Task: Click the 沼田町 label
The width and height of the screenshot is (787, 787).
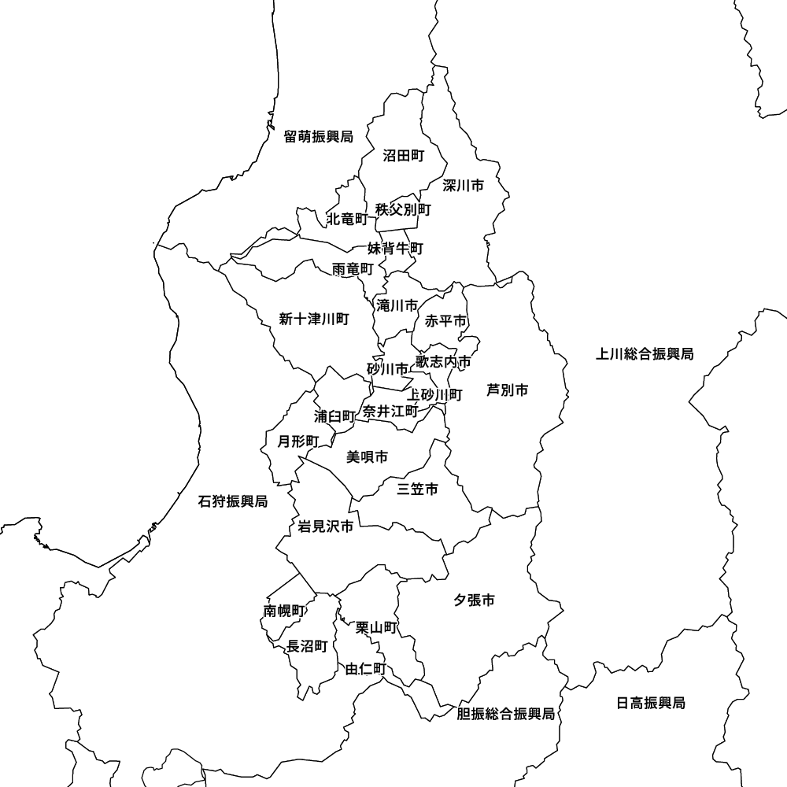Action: click(403, 156)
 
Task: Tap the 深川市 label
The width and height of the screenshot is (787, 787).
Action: click(463, 186)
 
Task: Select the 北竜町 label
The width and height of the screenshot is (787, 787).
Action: click(347, 218)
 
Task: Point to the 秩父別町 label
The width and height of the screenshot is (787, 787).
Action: click(404, 209)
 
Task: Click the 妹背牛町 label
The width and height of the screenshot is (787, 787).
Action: click(395, 249)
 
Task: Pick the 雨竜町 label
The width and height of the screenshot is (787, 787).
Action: click(353, 269)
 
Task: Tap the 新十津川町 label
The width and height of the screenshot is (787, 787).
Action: click(313, 319)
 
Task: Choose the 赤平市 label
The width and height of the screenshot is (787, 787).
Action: click(446, 321)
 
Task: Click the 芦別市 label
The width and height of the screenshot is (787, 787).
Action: click(507, 390)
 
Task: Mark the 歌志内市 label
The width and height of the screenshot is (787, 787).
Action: click(443, 362)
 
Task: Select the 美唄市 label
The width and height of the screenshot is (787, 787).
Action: click(367, 456)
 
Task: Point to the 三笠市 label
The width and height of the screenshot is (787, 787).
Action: click(417, 490)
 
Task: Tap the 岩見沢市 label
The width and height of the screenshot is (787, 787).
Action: click(325, 527)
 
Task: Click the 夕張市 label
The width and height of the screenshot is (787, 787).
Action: click(474, 600)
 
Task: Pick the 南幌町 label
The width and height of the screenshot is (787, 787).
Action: click(284, 611)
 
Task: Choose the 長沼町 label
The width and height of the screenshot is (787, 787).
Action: click(307, 646)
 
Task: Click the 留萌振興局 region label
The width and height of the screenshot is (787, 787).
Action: click(318, 136)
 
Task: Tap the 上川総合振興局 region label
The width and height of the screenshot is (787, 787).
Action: click(645, 354)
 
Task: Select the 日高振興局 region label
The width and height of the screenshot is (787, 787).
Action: click(650, 703)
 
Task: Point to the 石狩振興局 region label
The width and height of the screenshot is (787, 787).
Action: click(233, 501)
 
